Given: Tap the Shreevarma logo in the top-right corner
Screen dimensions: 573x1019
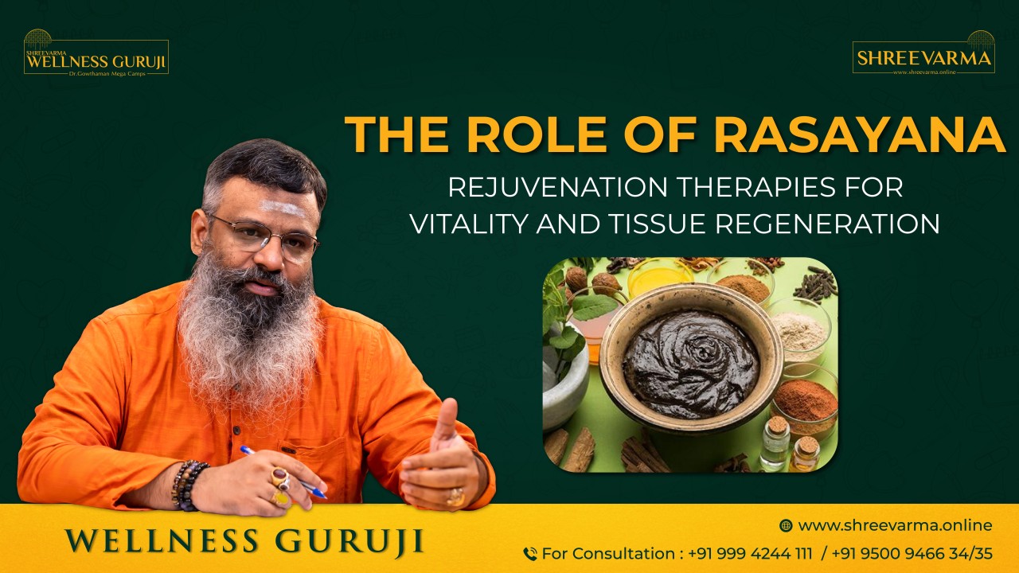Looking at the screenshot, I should [923, 54].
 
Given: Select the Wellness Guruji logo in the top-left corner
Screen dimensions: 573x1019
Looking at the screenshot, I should [96, 54].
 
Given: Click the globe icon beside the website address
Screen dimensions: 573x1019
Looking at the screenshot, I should [786, 525].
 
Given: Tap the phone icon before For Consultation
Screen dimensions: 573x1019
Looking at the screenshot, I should [529, 554].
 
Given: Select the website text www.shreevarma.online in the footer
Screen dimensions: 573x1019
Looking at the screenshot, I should [895, 525].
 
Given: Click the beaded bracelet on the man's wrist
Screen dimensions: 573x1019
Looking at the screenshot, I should [189, 483].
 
